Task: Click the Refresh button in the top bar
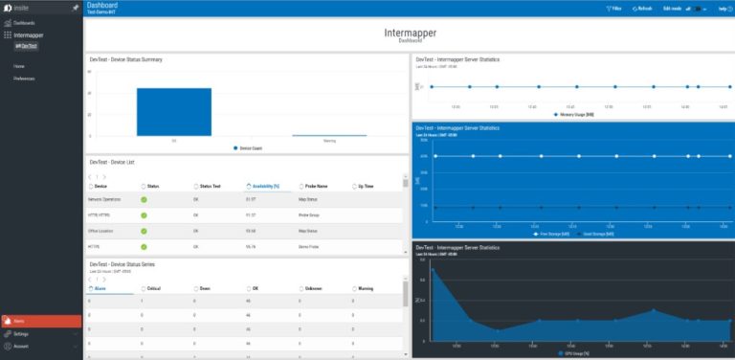tap(640, 8)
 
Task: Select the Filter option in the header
tap(614, 8)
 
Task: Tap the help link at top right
tap(724, 8)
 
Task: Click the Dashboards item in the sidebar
tap(24, 22)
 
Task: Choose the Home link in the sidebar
tap(19, 66)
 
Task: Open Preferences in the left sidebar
tap(25, 78)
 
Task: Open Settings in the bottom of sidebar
tap(21, 334)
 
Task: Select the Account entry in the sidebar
tap(21, 346)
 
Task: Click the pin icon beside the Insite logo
tap(76, 7)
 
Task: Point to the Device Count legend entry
tap(248, 148)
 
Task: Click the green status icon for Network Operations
tap(144, 199)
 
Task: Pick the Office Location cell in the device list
tap(103, 230)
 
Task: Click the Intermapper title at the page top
tap(411, 33)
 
